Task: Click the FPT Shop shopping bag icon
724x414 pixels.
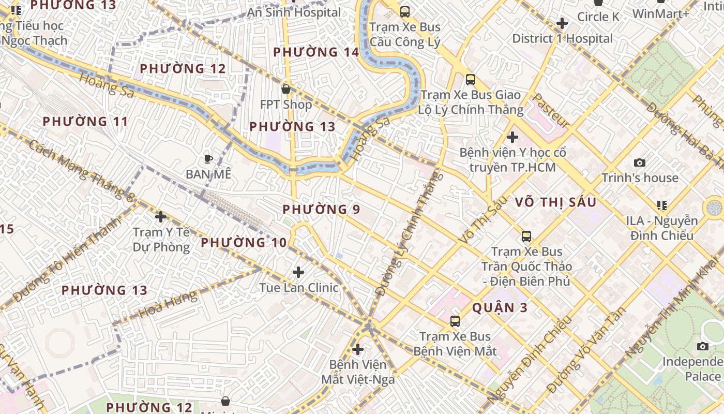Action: pyautogui.click(x=286, y=89)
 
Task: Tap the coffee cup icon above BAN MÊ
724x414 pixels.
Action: pyautogui.click(x=208, y=159)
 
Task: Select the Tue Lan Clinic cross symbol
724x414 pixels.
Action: pyautogui.click(x=298, y=272)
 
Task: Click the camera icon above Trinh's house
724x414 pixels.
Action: pyautogui.click(x=640, y=162)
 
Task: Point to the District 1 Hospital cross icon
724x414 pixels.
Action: pyautogui.click(x=562, y=23)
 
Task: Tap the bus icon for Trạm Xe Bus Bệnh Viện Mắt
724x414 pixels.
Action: pyautogui.click(x=455, y=321)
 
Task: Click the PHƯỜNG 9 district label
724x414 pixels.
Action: pyautogui.click(x=321, y=210)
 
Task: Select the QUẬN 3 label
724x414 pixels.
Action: pyautogui.click(x=500, y=308)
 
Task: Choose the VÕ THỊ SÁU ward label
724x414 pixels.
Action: pyautogui.click(x=556, y=202)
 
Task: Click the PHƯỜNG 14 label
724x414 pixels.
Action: pyautogui.click(x=316, y=52)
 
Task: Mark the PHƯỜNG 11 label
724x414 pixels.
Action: pyautogui.click(x=85, y=122)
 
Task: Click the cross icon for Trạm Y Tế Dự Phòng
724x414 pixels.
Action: pyautogui.click(x=161, y=216)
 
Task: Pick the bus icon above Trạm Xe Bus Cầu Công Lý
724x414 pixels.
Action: pyautogui.click(x=405, y=11)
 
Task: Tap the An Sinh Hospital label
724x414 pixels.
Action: pyautogui.click(x=294, y=12)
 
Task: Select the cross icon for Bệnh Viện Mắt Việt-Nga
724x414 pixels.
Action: pyautogui.click(x=357, y=349)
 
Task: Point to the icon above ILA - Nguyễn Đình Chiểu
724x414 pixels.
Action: pyautogui.click(x=661, y=205)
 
